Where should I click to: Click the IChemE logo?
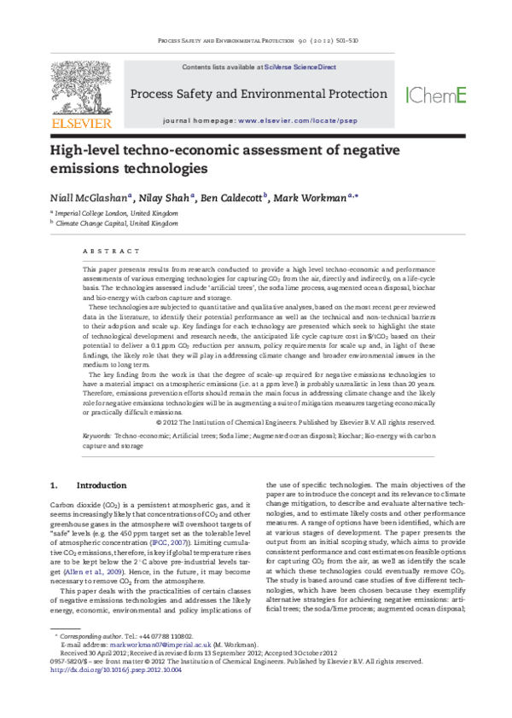click(435, 95)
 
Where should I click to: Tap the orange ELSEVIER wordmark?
click(82, 124)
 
